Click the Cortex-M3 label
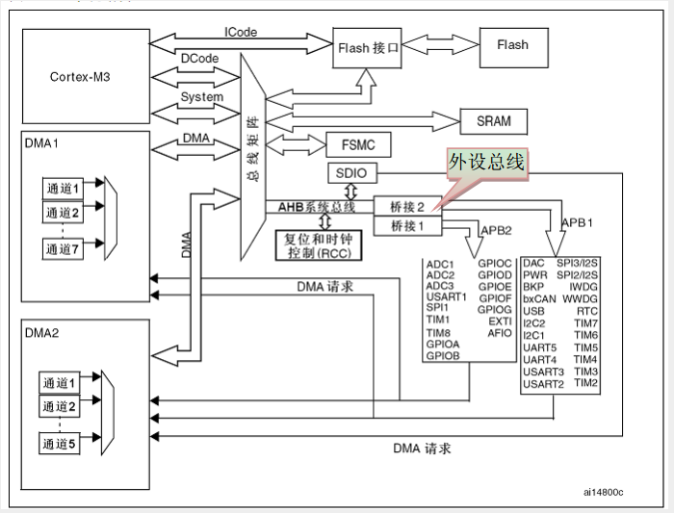point(80,77)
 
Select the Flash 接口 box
point(367,48)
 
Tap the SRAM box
point(493,121)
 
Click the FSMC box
point(358,144)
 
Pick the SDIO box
point(352,173)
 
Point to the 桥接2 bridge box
point(407,206)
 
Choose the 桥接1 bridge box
point(407,226)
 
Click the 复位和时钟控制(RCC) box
point(319,245)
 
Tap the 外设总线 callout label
point(487,163)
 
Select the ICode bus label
point(241,32)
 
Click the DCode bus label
point(199,59)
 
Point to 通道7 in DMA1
point(63,248)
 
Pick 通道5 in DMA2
point(60,444)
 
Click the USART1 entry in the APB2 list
point(446,296)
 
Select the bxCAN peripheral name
point(539,299)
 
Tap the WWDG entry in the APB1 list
point(580,298)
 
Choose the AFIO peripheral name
point(500,333)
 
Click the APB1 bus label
point(578,222)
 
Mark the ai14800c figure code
point(603,493)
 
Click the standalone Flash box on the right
point(513,48)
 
